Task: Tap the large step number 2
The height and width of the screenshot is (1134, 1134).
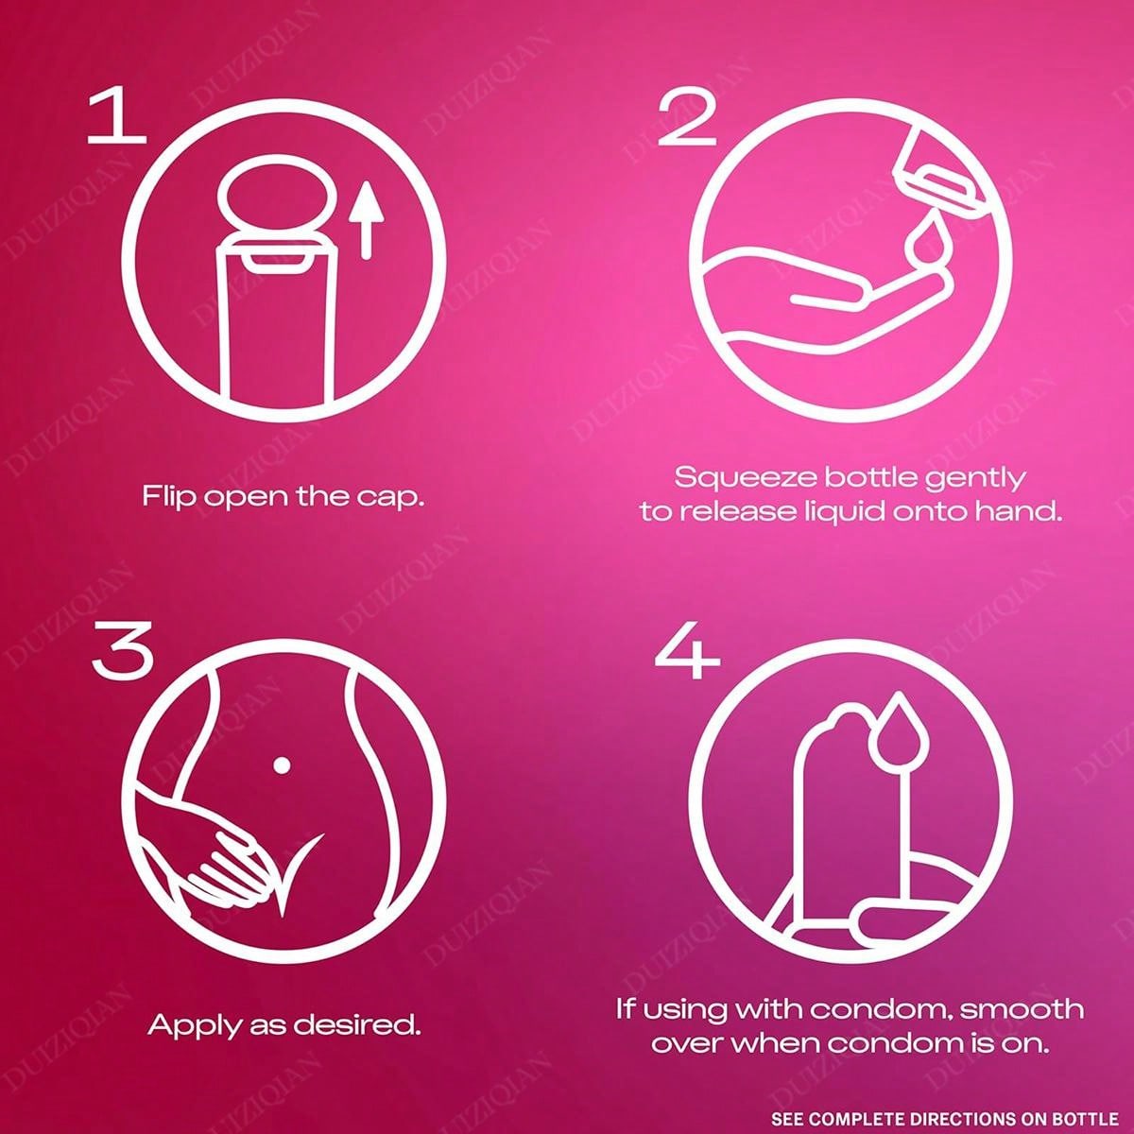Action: point(687,119)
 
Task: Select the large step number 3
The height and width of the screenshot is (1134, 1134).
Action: point(123,655)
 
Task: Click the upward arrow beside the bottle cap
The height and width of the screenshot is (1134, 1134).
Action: point(366,221)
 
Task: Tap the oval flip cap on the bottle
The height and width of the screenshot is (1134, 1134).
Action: point(275,201)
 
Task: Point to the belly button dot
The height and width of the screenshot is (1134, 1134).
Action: point(282,765)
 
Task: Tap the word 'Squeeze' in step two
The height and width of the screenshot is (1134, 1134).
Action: point(745,478)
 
